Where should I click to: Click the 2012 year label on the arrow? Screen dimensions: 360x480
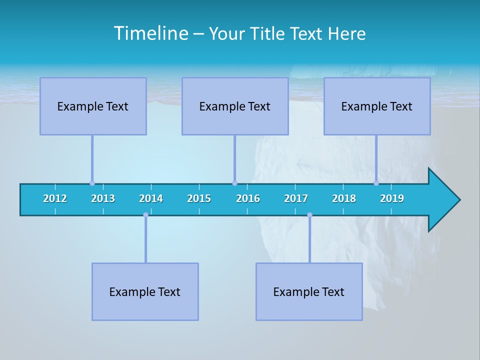55,198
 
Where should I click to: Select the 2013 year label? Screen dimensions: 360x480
103,198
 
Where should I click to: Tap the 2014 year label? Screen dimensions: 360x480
151,198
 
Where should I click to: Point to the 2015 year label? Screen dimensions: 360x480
199,198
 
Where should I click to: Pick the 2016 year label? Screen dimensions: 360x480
248,198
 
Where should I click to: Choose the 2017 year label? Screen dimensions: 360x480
296,198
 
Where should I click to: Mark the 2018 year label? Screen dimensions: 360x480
344,198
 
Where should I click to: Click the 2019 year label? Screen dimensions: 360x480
392,198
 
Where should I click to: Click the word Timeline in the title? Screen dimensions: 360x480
150,33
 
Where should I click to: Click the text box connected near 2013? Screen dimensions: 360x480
93,106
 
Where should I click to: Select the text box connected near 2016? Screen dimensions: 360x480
235,106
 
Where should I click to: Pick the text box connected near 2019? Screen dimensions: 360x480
377,106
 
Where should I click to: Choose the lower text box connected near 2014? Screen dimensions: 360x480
145,291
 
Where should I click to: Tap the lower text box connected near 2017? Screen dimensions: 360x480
309,291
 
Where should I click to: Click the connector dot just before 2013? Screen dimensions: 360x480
92,183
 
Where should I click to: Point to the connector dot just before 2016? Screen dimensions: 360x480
234,183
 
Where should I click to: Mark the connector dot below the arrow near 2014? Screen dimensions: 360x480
145,215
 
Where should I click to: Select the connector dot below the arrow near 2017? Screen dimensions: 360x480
309,215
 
